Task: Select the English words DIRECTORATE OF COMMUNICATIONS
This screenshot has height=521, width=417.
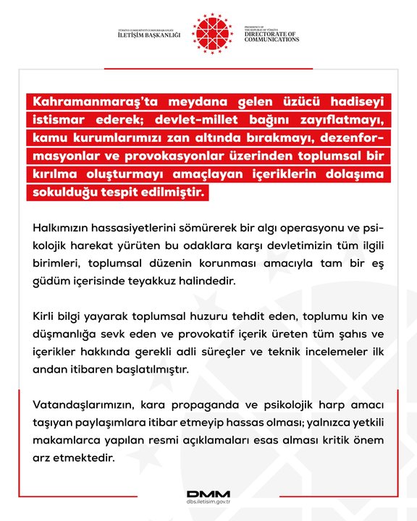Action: [271, 36]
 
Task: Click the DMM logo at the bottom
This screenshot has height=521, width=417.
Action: [208, 495]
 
